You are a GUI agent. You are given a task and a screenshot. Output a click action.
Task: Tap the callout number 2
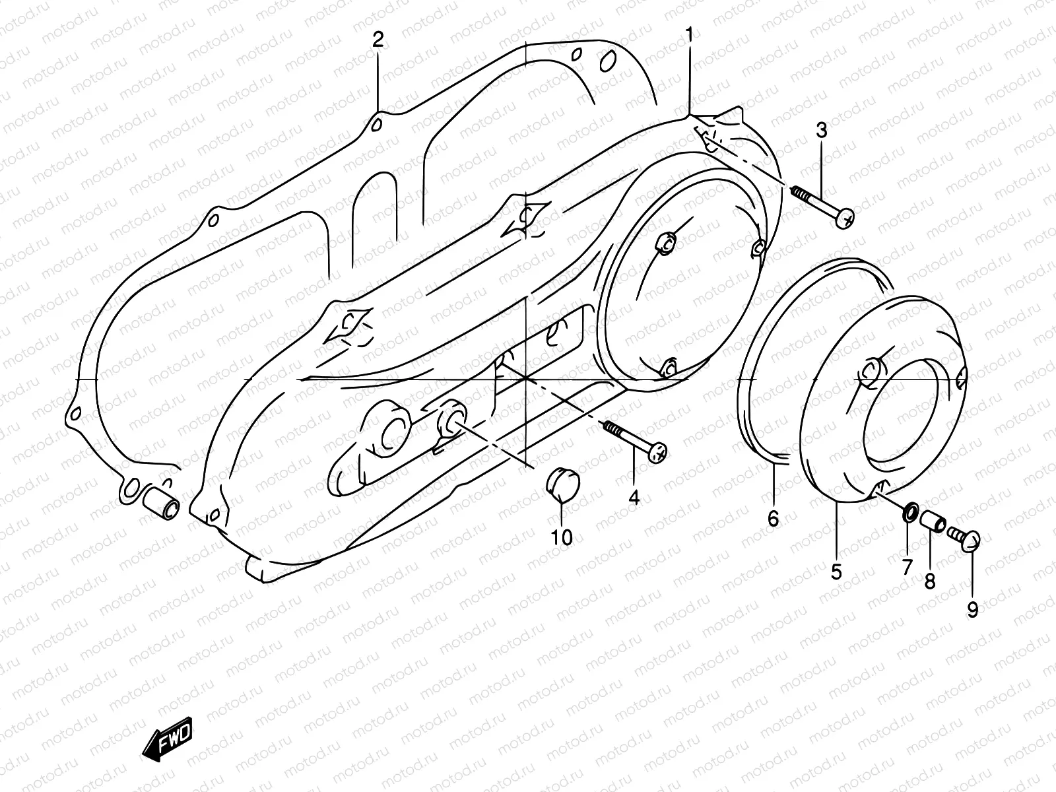378,40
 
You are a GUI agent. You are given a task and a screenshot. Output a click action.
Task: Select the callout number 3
821,131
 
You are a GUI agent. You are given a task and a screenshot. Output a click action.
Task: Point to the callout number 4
634,498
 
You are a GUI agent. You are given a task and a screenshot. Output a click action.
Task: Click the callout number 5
836,572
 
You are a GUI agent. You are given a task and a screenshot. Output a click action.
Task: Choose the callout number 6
774,518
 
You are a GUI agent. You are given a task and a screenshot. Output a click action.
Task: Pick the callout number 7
907,566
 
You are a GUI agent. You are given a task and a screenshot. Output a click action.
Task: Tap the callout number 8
930,581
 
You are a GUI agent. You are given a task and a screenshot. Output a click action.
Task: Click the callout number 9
972,610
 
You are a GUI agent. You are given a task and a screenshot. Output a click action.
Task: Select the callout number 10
562,538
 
